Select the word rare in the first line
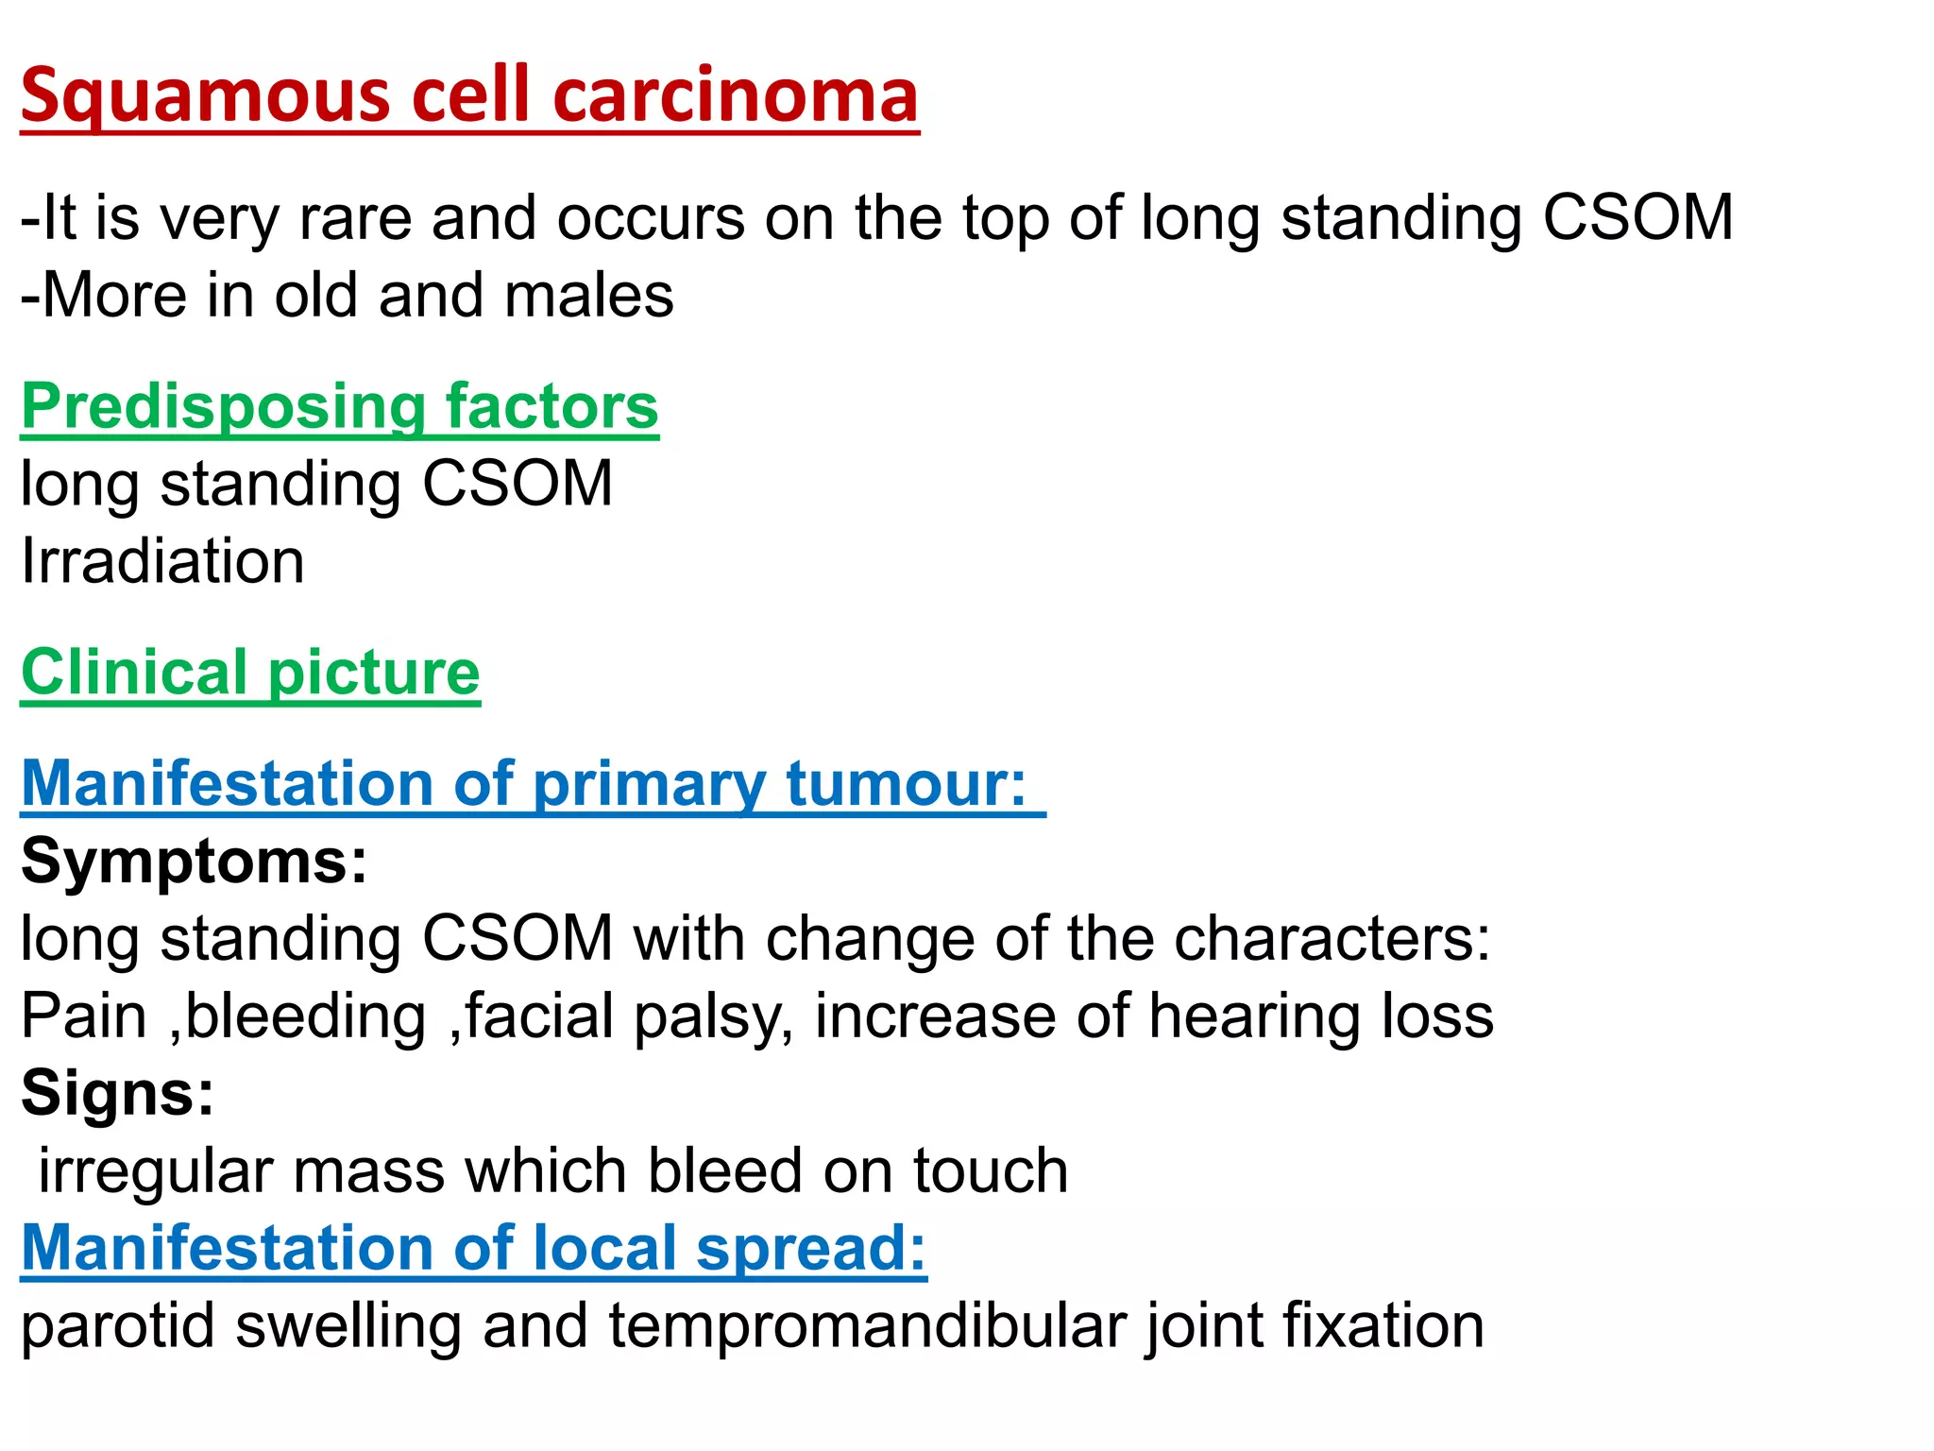(x=355, y=218)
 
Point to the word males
(x=589, y=296)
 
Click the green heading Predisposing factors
(x=340, y=407)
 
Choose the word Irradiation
(x=162, y=561)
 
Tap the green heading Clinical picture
(x=250, y=673)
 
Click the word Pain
(x=84, y=1016)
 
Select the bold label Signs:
(x=118, y=1094)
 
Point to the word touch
(x=991, y=1171)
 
